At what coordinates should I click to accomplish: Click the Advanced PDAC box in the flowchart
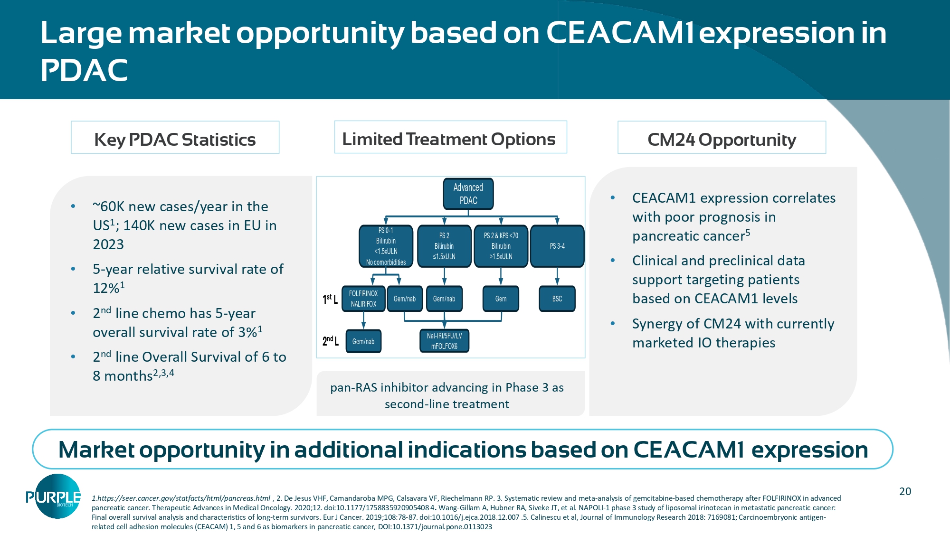click(468, 194)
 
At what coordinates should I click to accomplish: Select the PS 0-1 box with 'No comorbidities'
click(386, 246)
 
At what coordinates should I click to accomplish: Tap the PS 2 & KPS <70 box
click(501, 246)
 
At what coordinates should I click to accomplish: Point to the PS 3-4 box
click(557, 246)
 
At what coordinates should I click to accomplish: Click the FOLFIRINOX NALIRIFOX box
click(363, 299)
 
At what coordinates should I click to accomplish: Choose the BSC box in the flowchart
click(557, 299)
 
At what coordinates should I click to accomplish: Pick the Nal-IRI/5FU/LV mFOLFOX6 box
click(444, 341)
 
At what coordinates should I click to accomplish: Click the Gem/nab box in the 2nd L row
click(363, 341)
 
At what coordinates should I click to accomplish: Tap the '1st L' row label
click(330, 299)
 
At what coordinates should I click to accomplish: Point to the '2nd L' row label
click(330, 341)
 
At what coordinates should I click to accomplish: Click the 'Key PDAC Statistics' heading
click(175, 140)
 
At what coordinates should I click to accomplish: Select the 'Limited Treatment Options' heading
click(448, 139)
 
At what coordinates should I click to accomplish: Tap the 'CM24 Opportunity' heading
click(722, 140)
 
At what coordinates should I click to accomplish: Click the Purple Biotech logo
click(54, 497)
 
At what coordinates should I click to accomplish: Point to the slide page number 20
click(905, 491)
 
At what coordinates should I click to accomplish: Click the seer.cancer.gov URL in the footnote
click(181, 498)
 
